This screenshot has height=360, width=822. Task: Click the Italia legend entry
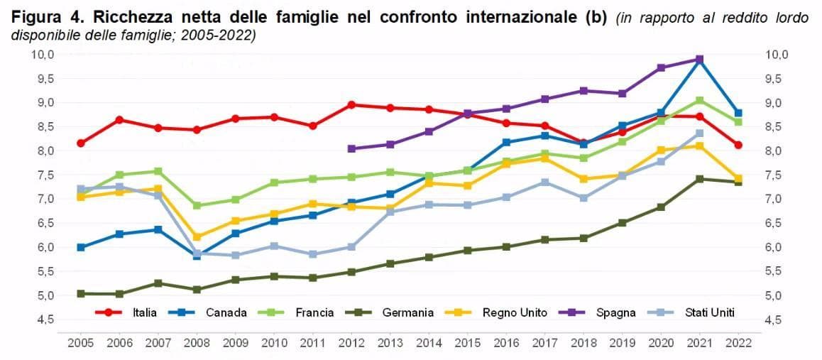point(126,313)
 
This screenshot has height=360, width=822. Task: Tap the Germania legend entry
point(389,313)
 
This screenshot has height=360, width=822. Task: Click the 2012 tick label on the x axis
point(351,344)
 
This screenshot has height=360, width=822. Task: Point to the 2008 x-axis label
point(197,344)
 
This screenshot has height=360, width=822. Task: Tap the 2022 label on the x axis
point(738,344)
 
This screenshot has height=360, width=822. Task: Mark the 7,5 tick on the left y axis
point(47,175)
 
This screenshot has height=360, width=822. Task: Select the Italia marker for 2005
point(81,143)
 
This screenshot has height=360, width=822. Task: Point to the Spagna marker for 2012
point(351,149)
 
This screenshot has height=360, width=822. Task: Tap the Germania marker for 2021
point(699,179)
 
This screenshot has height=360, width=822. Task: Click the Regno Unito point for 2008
point(197,237)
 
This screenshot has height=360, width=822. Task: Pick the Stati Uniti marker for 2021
point(699,133)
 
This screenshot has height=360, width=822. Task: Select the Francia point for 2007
point(158,171)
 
